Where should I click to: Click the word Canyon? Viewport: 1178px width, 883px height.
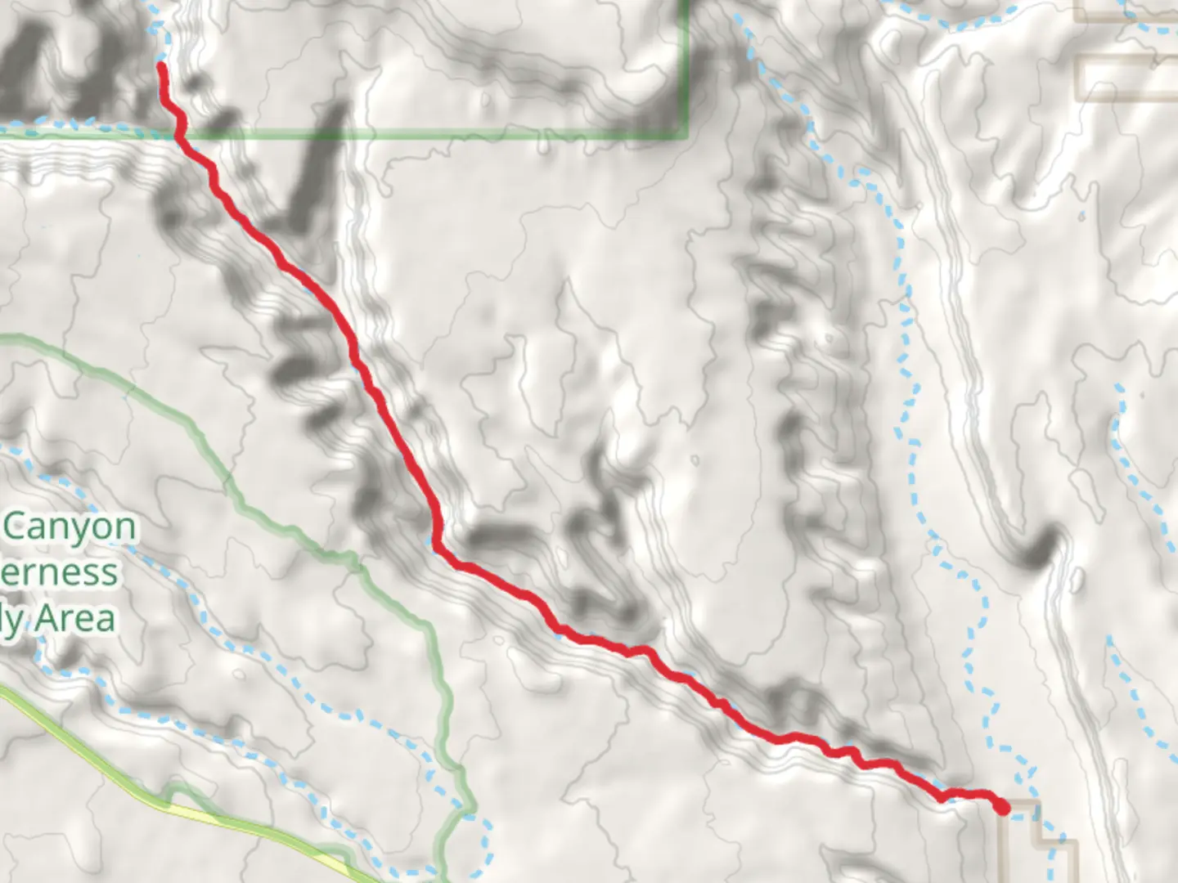(70, 528)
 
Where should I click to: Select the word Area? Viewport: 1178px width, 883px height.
(74, 618)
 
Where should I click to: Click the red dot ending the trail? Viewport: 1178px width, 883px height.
(1002, 808)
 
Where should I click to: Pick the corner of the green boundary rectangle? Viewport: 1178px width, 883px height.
(686, 135)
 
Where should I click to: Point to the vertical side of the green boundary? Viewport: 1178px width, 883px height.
(686, 65)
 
